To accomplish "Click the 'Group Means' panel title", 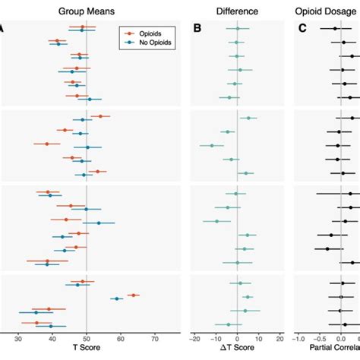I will (87, 11).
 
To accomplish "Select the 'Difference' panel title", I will (238, 11).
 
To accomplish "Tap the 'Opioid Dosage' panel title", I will (327, 11).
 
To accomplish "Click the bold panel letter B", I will (197, 30).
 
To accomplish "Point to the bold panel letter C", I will (302, 30).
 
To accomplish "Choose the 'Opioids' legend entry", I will (152, 33).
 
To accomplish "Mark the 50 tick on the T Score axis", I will (87, 338).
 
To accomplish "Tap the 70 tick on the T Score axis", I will (155, 338).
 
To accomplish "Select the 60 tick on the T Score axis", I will (121, 338).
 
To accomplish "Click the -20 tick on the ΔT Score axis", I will (195, 338).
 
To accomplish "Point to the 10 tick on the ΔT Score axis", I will (259, 338).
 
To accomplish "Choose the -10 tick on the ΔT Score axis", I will (216, 338).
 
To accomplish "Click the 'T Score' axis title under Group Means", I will (87, 350).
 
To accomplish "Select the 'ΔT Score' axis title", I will (238, 350).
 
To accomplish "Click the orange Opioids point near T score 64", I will (133, 295).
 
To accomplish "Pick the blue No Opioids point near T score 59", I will (116, 299).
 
